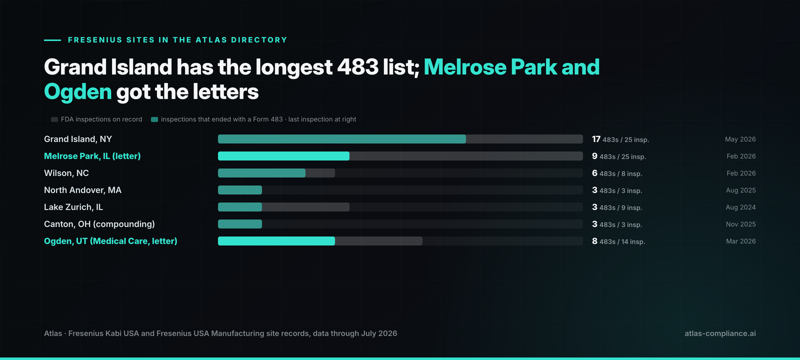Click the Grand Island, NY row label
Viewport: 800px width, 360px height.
pos(78,139)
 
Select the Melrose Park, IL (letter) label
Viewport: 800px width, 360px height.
pos(92,156)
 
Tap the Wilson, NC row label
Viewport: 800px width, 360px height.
pos(66,173)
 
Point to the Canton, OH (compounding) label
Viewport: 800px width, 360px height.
pos(99,224)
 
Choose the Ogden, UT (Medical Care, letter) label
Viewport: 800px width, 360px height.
pos(110,241)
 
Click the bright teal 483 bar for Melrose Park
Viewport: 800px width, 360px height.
pos(283,156)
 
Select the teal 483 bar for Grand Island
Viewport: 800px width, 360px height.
pos(342,139)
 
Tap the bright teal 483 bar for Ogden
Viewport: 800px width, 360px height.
pos(276,241)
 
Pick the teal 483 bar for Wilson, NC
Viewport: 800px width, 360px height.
pos(261,173)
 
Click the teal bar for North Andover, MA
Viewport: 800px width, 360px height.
pos(239,190)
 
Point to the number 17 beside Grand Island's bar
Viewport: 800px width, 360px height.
pos(596,139)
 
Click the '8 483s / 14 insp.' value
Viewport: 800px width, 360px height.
pos(618,241)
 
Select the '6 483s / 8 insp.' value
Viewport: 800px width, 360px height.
pos(617,173)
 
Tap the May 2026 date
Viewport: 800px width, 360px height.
pos(740,139)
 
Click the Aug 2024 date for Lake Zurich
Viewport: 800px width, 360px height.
pos(740,207)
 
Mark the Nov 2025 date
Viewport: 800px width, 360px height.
pos(740,224)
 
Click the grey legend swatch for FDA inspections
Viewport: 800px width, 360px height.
pos(54,119)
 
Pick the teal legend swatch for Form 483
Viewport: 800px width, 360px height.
pos(154,119)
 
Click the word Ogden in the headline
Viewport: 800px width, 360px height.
pos(78,92)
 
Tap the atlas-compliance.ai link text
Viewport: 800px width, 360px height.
pos(720,333)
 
